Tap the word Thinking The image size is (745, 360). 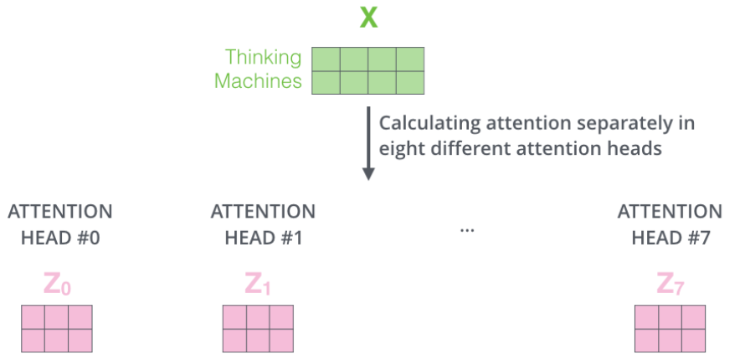coord(263,58)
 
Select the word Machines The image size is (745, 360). coord(258,81)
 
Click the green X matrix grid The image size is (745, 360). coord(367,70)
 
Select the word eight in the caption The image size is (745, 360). coord(400,147)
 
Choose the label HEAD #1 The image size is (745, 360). coord(263,237)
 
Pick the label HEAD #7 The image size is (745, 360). coord(670,237)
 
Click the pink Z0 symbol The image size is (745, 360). coord(57,285)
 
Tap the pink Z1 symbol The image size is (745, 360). coord(258,285)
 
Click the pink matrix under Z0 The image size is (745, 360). coord(56,328)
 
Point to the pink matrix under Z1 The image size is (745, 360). coord(258,328)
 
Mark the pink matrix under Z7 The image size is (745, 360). coord(670,328)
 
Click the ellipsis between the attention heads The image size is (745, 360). coord(467,228)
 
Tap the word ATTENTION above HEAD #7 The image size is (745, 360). coord(670,212)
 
